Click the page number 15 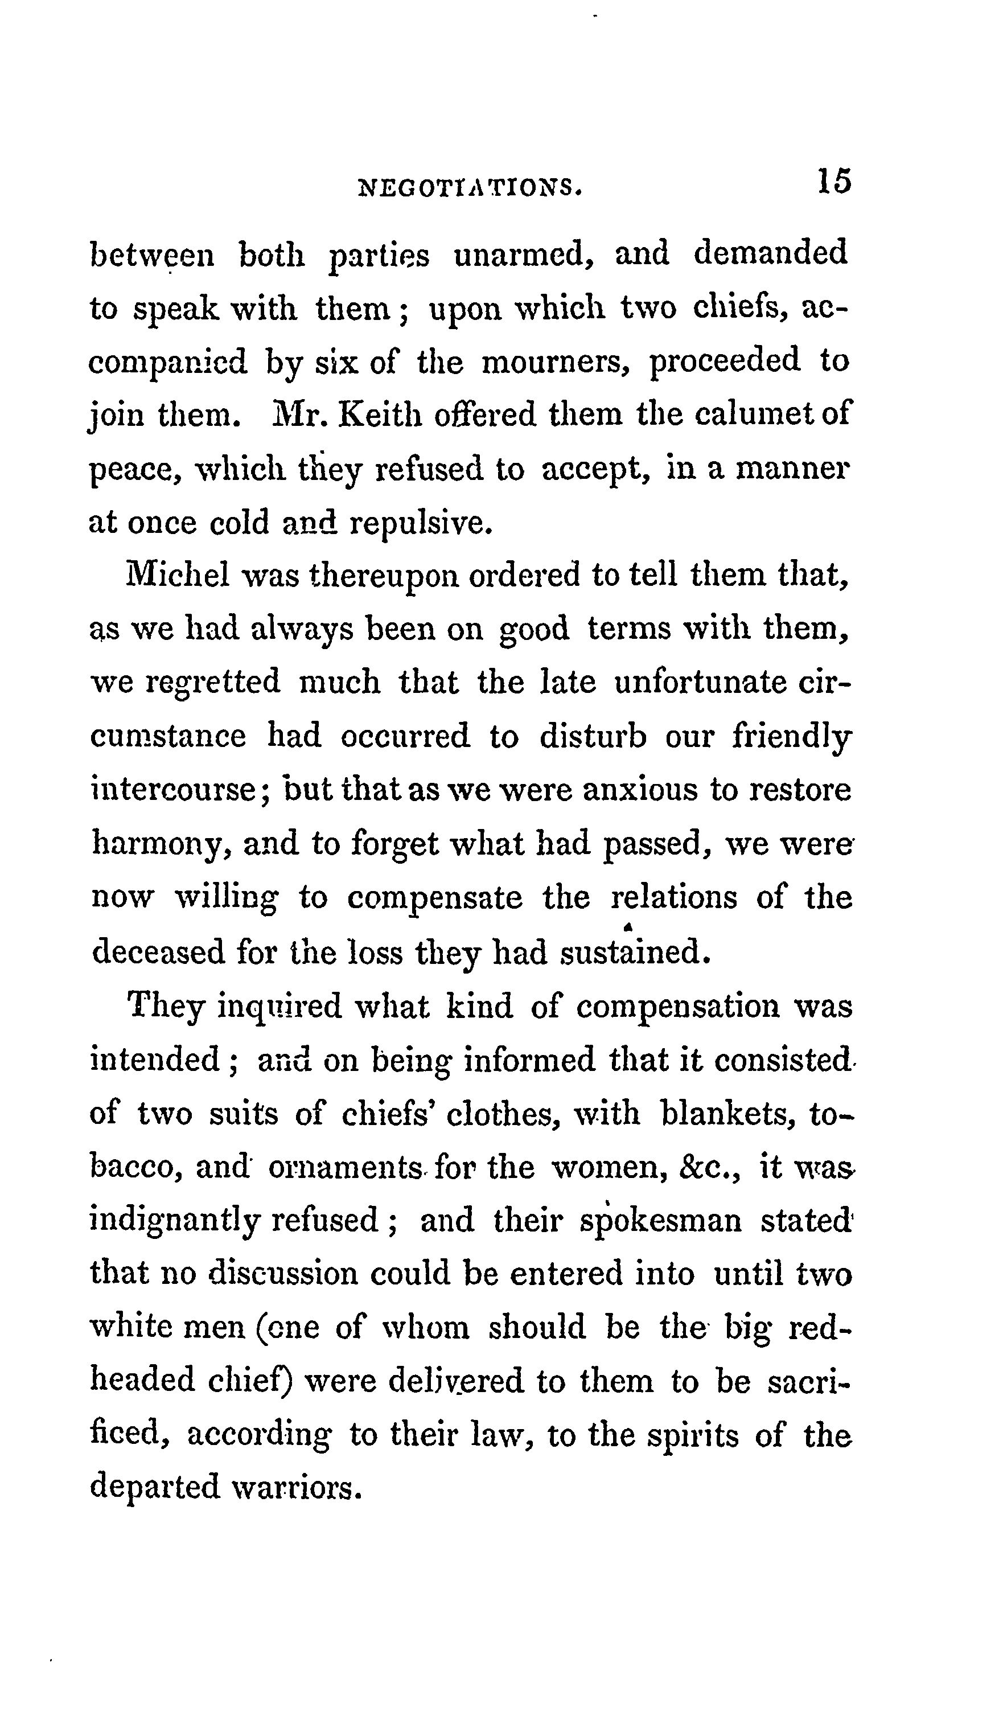tap(833, 181)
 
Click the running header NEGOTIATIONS tap(470, 187)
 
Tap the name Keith tap(382, 414)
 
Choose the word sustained tap(634, 952)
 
